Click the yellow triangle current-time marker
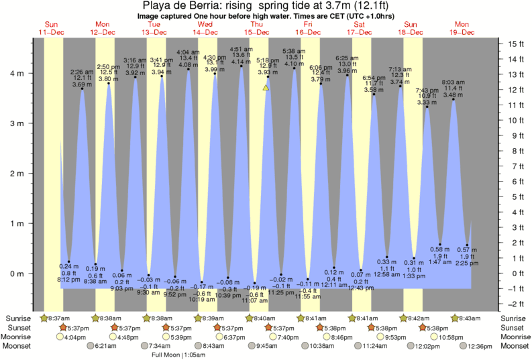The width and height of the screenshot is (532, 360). [x=266, y=88]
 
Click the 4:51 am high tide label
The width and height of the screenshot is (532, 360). [x=241, y=49]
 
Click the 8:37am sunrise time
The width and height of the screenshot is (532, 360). [x=54, y=318]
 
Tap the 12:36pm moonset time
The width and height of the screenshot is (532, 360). [x=480, y=346]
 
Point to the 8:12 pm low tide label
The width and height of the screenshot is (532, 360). [x=69, y=280]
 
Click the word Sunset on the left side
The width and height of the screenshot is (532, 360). [x=19, y=327]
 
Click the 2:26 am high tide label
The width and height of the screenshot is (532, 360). [x=81, y=72]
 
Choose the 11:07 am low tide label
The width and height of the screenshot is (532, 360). [x=256, y=302]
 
